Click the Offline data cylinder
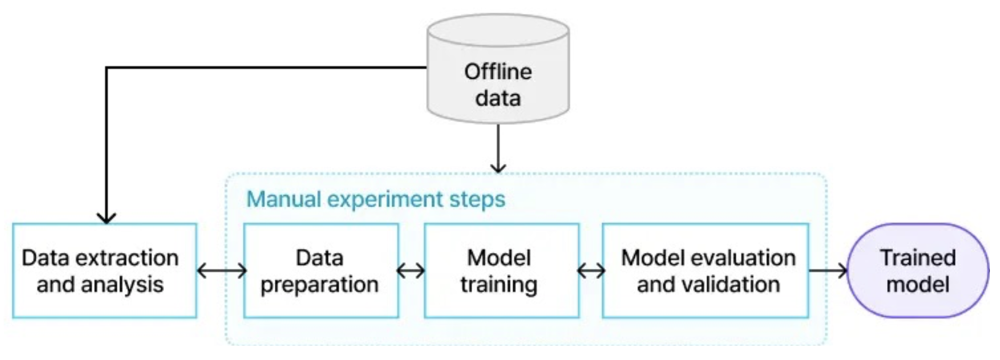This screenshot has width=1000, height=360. [x=498, y=69]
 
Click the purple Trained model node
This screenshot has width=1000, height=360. [x=918, y=271]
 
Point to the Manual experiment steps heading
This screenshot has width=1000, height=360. [x=376, y=199]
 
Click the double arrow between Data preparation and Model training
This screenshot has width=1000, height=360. [x=411, y=271]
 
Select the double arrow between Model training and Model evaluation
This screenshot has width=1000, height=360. [x=591, y=271]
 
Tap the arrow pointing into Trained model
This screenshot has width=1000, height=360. [x=828, y=271]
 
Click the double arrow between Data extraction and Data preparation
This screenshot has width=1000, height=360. [x=222, y=271]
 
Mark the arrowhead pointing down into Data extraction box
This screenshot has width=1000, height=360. [x=106, y=218]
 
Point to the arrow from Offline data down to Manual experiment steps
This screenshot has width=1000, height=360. [x=498, y=149]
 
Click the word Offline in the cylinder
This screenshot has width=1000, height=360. [x=498, y=72]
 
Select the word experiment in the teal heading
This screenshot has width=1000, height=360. [x=385, y=200]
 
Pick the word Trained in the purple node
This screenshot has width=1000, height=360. [x=918, y=258]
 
